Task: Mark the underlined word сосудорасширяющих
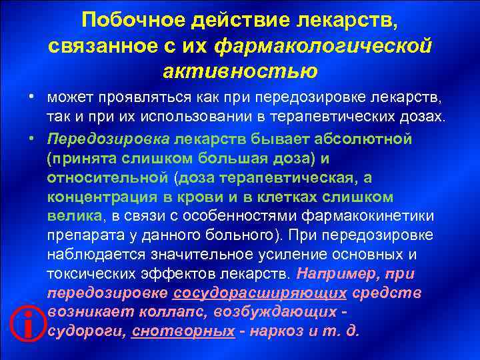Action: click(259, 293)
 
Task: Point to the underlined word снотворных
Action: click(183, 331)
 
